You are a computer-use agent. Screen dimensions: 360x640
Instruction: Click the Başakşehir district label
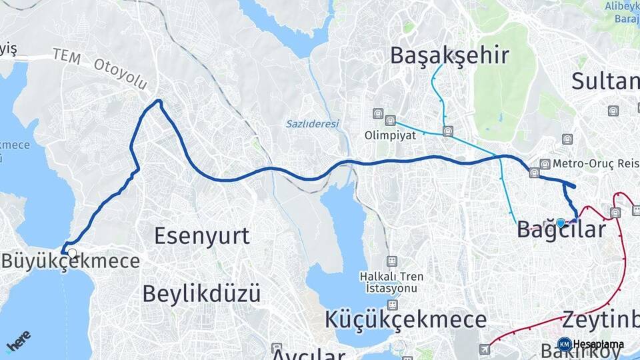pos(449,55)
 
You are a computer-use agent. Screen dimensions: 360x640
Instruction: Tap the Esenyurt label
pos(202,235)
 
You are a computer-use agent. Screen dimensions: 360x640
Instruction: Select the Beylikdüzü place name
pos(201,293)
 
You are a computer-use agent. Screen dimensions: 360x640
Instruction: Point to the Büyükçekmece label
pos(71,261)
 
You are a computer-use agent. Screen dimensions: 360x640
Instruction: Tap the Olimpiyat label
pos(390,135)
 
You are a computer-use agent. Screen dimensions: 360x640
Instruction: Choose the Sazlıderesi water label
pos(313,124)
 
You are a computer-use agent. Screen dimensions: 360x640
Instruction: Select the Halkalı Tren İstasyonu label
pos(391,282)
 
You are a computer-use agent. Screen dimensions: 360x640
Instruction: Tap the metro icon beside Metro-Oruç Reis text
pos(545,164)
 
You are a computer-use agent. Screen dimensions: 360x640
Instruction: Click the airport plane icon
pos(484,349)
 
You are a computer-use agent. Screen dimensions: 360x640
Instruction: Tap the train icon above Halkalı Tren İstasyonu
pos(392,260)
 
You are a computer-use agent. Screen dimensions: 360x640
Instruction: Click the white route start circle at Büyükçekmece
pos(71,253)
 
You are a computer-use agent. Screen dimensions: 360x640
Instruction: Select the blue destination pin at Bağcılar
pos(561,223)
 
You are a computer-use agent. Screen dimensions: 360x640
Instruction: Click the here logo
pos(19,341)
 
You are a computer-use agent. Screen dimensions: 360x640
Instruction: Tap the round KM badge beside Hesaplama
pos(564,344)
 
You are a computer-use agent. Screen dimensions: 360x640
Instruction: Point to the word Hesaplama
pos(598,344)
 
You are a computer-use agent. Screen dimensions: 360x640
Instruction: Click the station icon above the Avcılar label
pos(277,347)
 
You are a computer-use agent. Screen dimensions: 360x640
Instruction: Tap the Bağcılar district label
pos(561,230)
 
